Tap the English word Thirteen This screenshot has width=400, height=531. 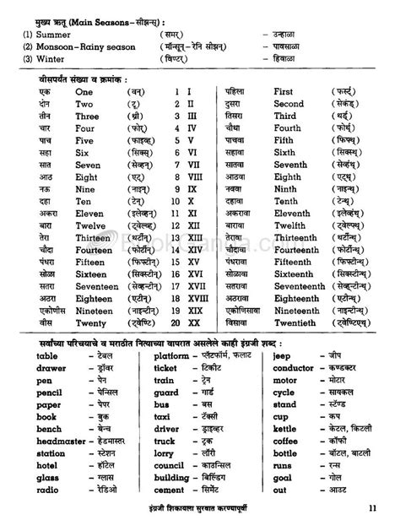coord(95,238)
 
